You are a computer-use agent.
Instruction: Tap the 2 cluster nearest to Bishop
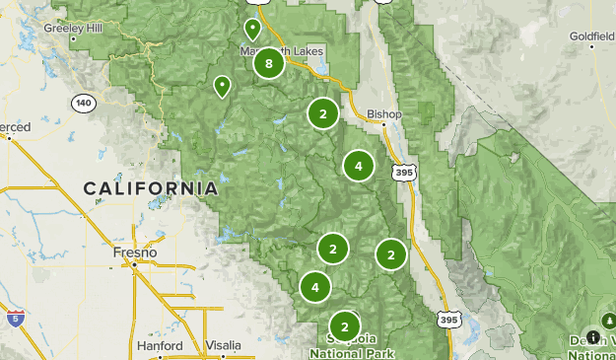pyautogui.click(x=322, y=113)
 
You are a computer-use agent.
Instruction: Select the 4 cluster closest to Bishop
pyautogui.click(x=358, y=166)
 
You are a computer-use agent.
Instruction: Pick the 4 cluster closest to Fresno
pyautogui.click(x=314, y=287)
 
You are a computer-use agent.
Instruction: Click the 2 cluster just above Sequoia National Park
pyautogui.click(x=344, y=325)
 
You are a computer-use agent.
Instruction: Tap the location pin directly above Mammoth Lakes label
pyautogui.click(x=253, y=29)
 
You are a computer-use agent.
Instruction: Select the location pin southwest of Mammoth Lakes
pyautogui.click(x=223, y=87)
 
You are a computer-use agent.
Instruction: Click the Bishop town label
pyautogui.click(x=384, y=114)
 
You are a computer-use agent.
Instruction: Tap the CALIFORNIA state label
pyautogui.click(x=151, y=187)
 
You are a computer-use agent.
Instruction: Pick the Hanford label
pyautogui.click(x=159, y=346)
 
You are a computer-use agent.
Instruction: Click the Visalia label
pyautogui.click(x=224, y=345)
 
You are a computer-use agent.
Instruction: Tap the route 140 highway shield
pyautogui.click(x=84, y=103)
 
